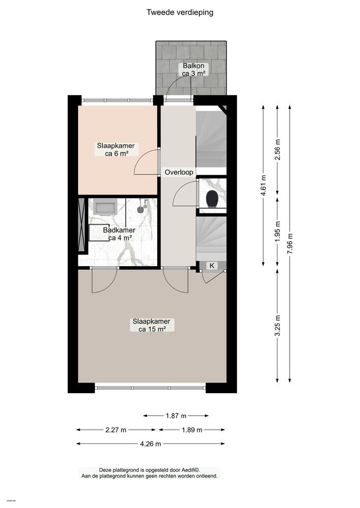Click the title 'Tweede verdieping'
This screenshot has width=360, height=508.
coord(180,12)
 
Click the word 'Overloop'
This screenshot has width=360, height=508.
coord(178,172)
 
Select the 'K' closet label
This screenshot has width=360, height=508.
coord(212,265)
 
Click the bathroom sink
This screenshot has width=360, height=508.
coord(106,207)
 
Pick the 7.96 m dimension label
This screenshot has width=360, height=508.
coord(290,243)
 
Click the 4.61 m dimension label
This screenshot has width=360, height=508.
coord(263,184)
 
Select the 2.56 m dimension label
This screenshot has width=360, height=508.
coord(277,149)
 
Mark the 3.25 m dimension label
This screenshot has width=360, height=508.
coord(277,327)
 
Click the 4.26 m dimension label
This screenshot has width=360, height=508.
coord(151,443)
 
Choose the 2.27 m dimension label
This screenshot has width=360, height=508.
coord(116,430)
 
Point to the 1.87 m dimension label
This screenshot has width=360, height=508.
coord(176,416)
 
